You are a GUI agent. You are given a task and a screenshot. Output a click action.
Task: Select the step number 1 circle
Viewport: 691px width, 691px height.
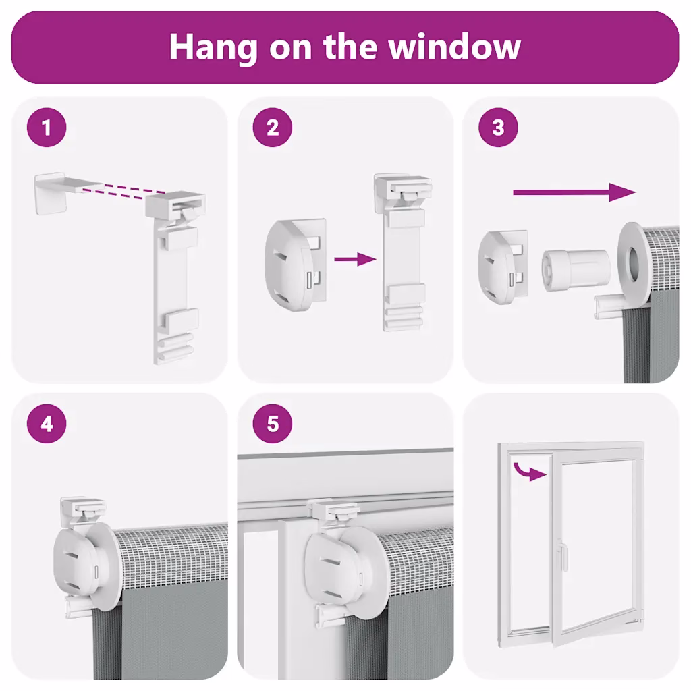click(47, 128)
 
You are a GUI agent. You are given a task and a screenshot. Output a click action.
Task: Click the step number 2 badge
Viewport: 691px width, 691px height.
click(273, 128)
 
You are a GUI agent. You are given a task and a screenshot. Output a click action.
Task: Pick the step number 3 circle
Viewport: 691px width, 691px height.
click(498, 128)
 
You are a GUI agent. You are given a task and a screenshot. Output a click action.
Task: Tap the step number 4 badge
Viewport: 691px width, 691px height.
click(47, 424)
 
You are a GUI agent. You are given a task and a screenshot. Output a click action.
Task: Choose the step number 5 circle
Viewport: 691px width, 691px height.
click(273, 424)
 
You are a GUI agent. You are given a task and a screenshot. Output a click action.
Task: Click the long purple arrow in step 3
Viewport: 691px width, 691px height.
click(575, 192)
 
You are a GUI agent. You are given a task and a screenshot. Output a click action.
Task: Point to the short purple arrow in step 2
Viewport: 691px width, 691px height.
click(355, 259)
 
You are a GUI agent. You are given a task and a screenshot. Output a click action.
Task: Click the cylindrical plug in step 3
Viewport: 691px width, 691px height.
click(576, 270)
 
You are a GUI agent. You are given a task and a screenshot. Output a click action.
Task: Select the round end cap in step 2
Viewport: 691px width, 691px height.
click(292, 265)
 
